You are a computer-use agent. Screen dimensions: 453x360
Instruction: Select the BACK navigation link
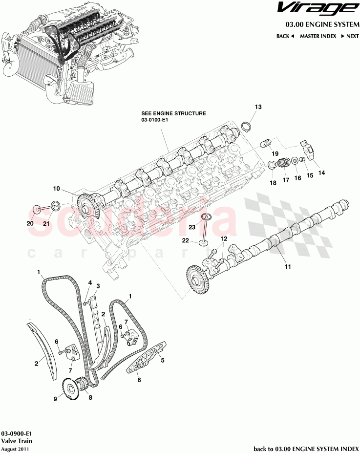coord(285,36)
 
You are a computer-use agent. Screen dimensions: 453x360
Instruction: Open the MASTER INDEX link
coord(318,36)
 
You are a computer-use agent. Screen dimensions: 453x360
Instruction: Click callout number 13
coord(258,107)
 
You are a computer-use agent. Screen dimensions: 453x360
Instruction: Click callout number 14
coord(321,173)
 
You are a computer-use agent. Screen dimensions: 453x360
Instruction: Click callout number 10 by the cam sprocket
coord(56,188)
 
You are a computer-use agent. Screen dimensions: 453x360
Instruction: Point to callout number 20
coord(30,223)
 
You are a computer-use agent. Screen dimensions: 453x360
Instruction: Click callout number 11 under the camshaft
coord(288,267)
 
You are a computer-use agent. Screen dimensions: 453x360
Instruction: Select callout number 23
coord(192,227)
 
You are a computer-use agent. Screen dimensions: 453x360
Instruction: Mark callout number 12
coord(223,238)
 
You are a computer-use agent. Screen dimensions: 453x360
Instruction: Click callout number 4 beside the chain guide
coord(89,282)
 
